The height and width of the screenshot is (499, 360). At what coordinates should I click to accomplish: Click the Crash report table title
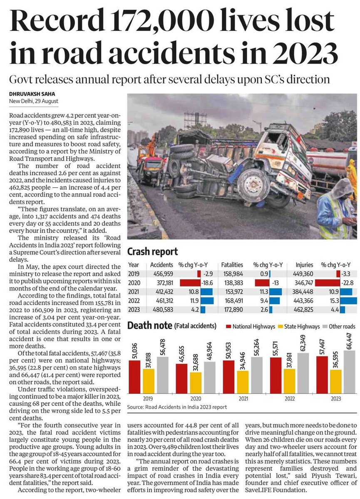[152, 252]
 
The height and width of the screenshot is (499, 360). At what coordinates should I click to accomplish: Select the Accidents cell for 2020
[161, 283]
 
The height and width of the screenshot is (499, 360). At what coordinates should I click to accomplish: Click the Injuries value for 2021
[306, 292]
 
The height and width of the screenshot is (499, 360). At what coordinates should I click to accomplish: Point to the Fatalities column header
[232, 264]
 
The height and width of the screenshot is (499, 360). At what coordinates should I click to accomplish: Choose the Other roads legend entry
[340, 327]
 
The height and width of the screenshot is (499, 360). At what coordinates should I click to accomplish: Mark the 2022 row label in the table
[134, 301]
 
